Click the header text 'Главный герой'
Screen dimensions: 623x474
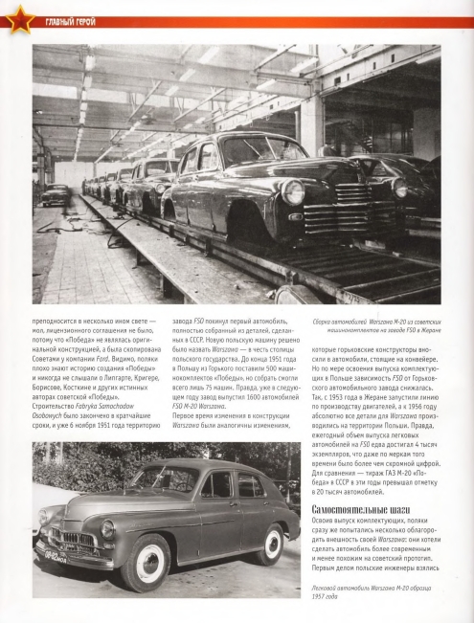(x=68, y=21)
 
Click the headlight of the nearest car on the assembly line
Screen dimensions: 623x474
(x=293, y=192)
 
